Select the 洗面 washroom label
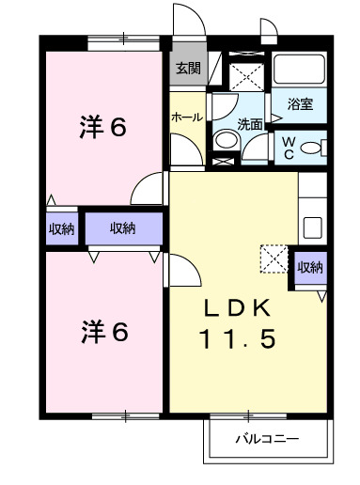click(249, 123)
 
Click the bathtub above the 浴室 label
click(299, 70)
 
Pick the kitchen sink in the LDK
click(311, 228)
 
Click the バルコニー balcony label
click(267, 439)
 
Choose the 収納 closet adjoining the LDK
click(310, 267)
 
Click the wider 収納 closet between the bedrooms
click(123, 227)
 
